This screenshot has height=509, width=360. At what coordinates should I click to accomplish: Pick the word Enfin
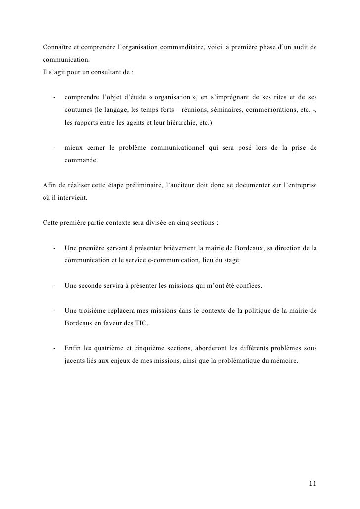click(x=73, y=348)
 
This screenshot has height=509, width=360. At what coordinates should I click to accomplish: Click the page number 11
click(x=311, y=483)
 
